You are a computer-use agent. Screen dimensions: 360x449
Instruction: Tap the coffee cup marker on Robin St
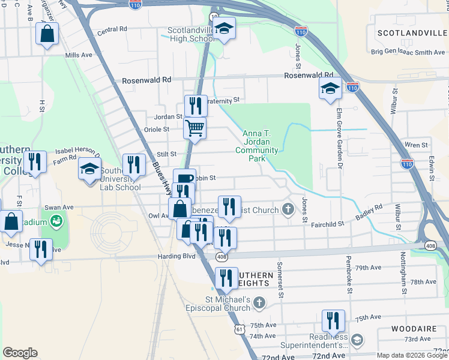coord(185,178)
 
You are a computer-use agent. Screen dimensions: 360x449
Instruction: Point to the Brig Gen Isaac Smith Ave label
coord(408,52)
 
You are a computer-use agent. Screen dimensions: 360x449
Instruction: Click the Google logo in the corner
coord(20,352)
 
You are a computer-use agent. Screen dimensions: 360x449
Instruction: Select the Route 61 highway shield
coord(240,329)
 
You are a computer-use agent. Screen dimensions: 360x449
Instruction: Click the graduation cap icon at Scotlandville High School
coord(224,28)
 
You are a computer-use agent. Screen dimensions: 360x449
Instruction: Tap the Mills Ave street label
coord(79,55)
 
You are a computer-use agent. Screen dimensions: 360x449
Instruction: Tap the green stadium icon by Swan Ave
coord(56,221)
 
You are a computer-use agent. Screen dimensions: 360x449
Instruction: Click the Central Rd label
coord(112,29)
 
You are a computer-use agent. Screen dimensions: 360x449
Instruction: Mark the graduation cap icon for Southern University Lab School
coord(89,168)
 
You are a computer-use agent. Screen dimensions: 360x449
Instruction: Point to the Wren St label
coord(416,145)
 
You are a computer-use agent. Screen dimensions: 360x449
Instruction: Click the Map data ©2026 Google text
coord(411,355)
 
